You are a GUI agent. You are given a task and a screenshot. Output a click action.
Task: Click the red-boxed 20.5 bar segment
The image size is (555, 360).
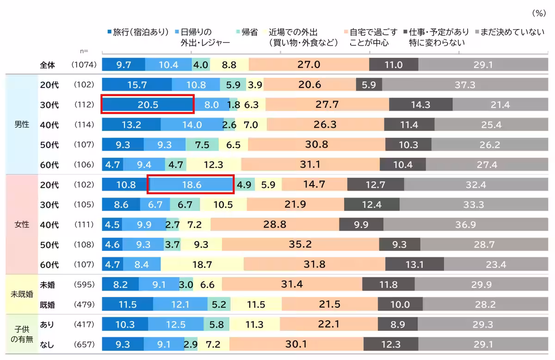click(x=148, y=105)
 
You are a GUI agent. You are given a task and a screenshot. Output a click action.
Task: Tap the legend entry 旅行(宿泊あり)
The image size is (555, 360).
click(x=138, y=32)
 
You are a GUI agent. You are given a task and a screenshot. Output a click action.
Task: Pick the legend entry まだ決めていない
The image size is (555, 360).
click(x=507, y=32)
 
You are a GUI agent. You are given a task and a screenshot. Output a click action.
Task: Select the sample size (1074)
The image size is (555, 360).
click(x=84, y=65)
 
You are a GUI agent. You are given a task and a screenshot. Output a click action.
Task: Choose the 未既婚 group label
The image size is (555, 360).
click(x=22, y=294)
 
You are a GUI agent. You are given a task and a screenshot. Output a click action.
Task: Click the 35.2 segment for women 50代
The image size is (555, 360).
click(x=300, y=244)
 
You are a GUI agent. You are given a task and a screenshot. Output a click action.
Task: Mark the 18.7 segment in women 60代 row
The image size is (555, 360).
click(x=202, y=264)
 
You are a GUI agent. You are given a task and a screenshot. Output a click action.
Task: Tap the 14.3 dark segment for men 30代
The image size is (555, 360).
click(x=420, y=105)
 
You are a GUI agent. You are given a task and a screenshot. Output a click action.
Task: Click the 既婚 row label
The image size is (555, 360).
click(x=48, y=304)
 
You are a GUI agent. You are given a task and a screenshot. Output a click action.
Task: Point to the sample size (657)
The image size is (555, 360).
click(x=84, y=344)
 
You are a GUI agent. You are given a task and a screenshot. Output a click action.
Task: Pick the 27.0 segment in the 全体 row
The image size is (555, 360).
click(x=308, y=65)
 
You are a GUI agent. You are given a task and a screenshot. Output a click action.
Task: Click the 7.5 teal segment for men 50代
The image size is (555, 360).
click(x=202, y=144)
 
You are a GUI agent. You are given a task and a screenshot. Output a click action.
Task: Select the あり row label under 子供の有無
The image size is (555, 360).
click(x=47, y=324)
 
